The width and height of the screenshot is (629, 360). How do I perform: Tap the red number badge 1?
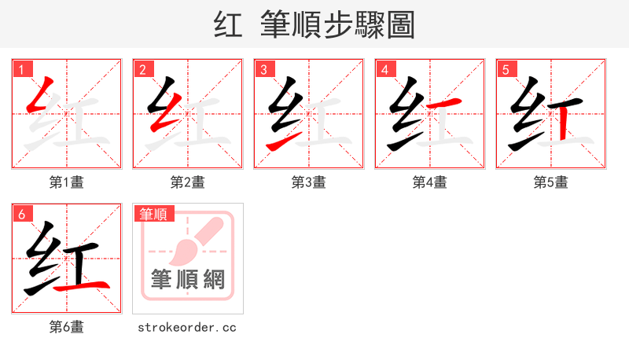tap(20, 68)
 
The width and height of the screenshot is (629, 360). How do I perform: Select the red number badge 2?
tap(142, 68)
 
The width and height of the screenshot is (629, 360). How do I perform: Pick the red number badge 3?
tap(263, 68)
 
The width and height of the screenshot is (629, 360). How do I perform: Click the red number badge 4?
tap(384, 68)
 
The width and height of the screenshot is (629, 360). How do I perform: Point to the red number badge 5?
tap(505, 68)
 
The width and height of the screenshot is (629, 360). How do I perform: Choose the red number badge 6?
tap(20, 213)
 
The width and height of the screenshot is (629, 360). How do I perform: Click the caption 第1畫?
tap(66, 182)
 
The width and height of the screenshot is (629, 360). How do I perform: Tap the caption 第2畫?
tap(187, 182)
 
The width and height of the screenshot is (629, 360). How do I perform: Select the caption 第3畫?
tap(308, 182)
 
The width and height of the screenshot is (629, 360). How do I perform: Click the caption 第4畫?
tap(429, 182)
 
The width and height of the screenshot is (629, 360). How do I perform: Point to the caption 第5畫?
tap(550, 182)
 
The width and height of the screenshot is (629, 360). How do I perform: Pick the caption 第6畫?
tap(66, 327)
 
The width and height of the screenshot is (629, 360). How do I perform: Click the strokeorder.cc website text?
tap(187, 327)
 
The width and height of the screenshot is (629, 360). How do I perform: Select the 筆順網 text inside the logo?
tap(188, 278)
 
